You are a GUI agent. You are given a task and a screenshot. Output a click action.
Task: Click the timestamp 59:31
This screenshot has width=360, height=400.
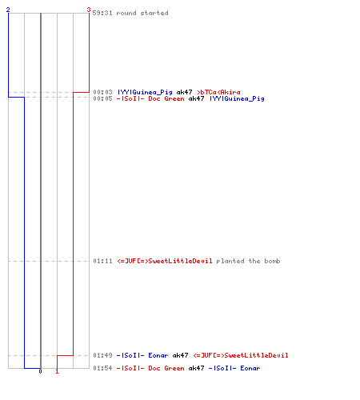coord(102,13)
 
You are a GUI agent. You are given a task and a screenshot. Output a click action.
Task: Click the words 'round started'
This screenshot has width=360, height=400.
coord(142,13)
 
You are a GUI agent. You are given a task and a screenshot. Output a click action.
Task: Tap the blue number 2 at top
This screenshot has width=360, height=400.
coord(8,10)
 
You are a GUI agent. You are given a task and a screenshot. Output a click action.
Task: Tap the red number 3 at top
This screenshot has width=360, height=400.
coord(89,10)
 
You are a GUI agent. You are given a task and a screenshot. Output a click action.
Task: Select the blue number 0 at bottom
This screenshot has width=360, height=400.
coord(40,371)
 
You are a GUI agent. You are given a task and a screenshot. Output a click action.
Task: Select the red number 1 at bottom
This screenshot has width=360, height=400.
coord(57,371)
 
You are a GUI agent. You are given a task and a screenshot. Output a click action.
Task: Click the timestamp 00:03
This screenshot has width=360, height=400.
coord(102,92)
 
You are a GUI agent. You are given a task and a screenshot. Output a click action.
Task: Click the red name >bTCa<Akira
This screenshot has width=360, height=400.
coord(218,92)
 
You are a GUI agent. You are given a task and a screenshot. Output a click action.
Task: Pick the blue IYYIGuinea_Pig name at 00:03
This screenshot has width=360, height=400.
coord(145,92)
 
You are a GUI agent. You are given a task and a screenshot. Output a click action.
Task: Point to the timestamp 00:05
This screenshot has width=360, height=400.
coord(102,98)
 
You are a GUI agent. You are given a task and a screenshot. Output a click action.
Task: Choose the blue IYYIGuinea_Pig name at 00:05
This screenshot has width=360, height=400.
coord(237,99)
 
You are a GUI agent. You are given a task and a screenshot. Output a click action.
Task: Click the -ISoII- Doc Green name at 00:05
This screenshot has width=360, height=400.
coord(150,98)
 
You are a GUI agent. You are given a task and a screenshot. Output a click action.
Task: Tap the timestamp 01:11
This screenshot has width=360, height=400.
coord(102,261)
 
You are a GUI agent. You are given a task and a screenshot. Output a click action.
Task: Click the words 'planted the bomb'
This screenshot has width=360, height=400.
coord(248,261)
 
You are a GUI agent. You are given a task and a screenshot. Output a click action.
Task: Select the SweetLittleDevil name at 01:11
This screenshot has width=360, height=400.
coord(165,261)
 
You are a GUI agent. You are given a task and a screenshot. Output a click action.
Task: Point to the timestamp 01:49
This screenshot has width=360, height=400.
coord(102,355)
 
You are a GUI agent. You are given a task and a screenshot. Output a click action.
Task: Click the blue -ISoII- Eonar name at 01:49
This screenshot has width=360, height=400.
coord(142,355)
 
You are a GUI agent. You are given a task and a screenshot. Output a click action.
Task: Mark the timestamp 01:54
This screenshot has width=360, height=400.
coord(102,368)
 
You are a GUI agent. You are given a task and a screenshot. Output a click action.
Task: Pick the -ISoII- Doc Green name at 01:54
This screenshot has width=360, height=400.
coord(150,368)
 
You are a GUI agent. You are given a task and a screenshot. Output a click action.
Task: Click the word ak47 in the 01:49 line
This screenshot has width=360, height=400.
coord(180,355)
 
